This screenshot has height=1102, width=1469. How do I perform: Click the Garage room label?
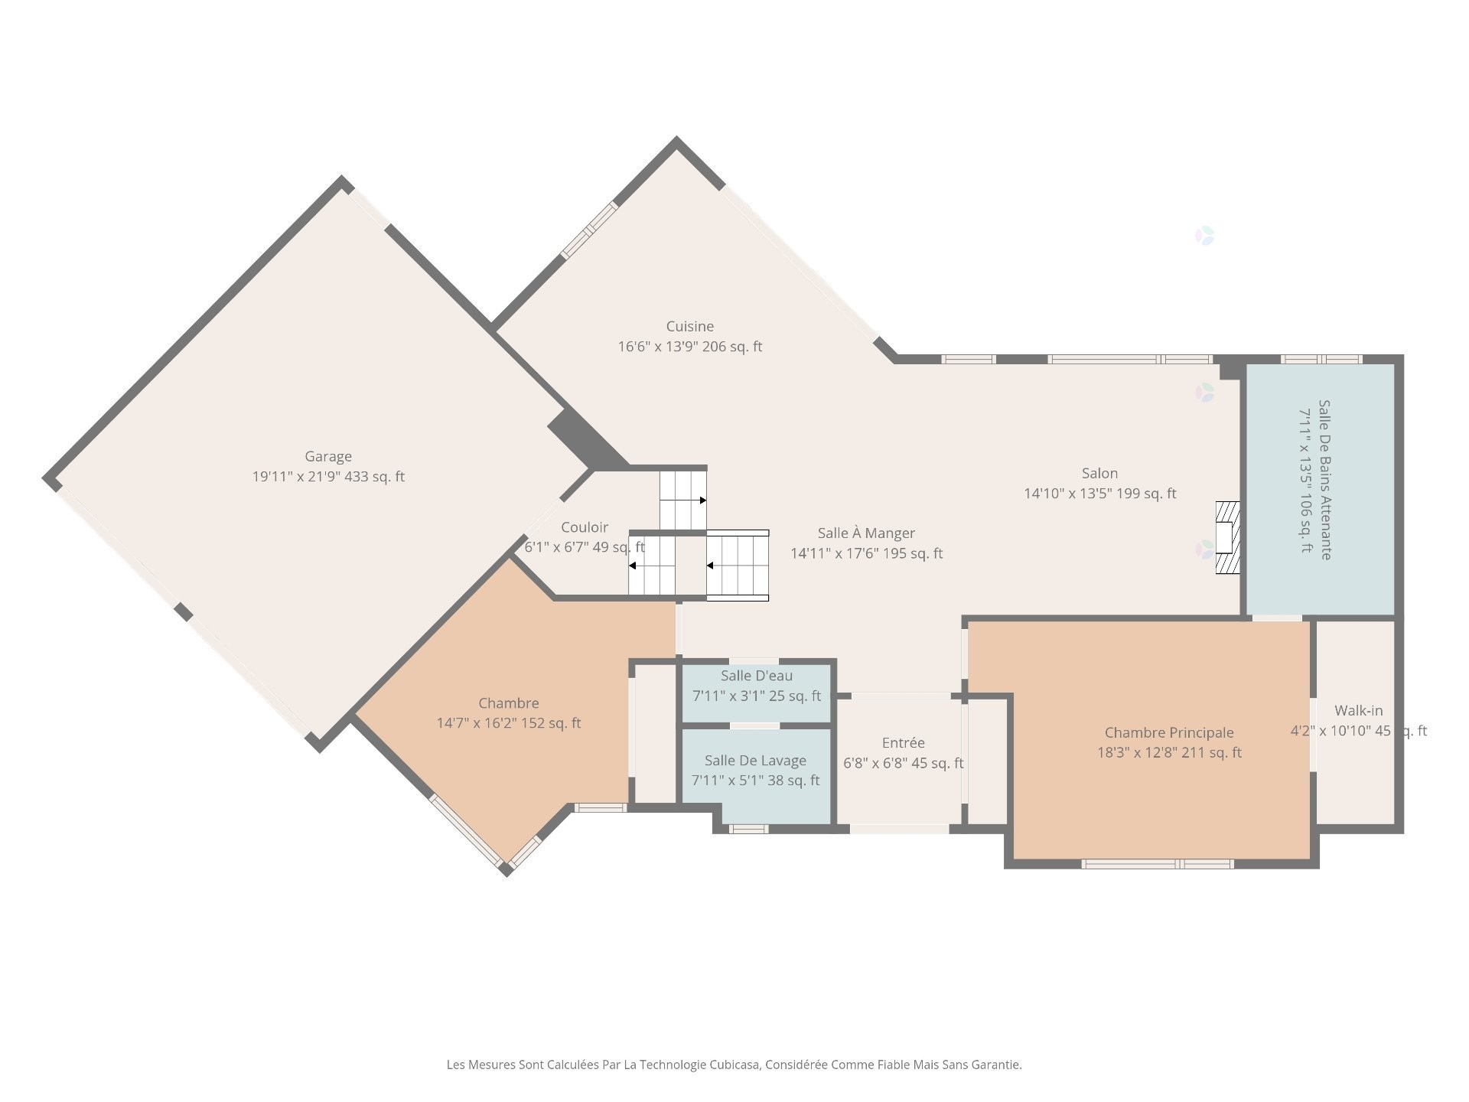click(328, 456)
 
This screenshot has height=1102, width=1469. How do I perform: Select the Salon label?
click(1099, 473)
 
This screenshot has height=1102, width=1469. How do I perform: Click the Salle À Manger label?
click(866, 533)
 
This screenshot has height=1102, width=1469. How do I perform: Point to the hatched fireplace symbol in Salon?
click(1227, 537)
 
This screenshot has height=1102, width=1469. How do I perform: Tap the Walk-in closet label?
click(1358, 710)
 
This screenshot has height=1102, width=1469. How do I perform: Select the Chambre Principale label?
click(1168, 732)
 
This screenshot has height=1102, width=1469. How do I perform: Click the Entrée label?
click(903, 742)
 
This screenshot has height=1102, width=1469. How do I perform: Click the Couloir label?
click(585, 527)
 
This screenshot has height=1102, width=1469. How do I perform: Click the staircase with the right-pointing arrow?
click(682, 499)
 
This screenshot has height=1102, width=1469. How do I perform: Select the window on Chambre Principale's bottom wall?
click(1157, 864)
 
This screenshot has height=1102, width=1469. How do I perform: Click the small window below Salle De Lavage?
click(748, 829)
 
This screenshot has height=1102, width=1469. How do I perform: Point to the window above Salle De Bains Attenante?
click(1321, 359)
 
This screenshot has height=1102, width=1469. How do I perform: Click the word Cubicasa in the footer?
click(734, 1065)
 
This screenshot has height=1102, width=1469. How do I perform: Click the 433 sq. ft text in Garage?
click(375, 477)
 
